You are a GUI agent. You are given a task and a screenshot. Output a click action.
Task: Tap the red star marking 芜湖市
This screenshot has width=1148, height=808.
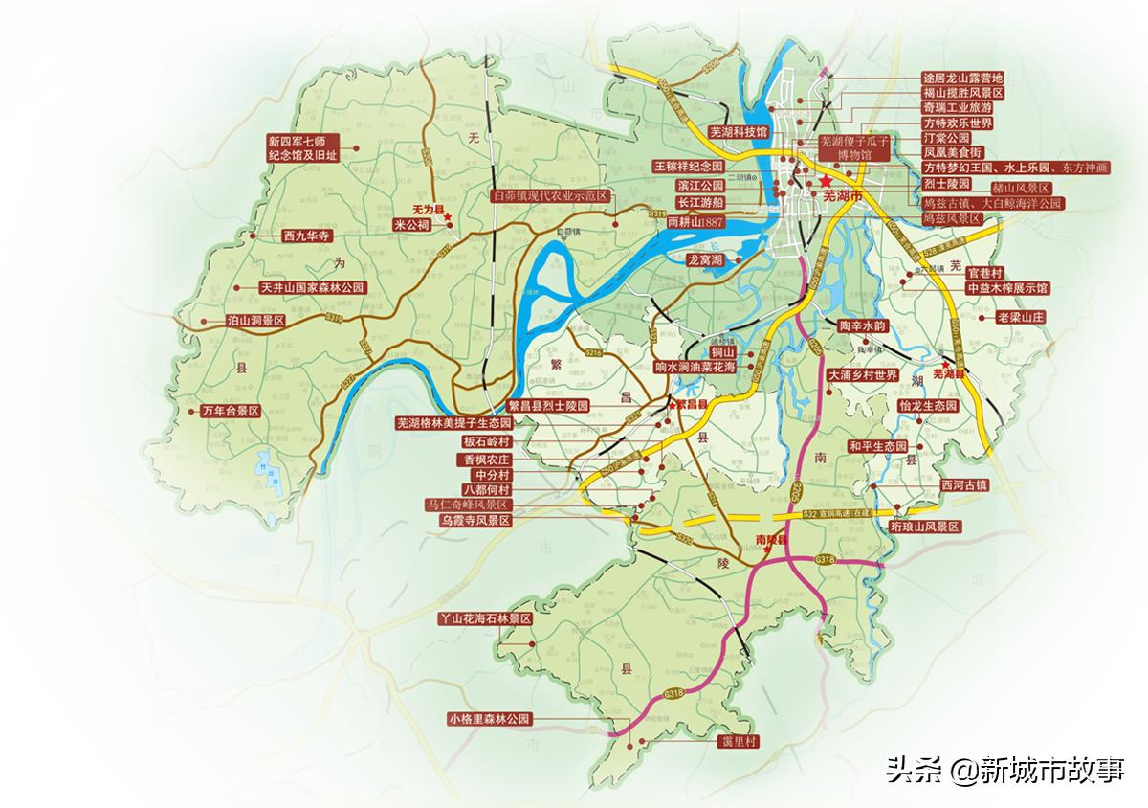point(826,180)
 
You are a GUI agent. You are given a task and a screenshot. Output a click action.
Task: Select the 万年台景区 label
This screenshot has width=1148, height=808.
point(232,411)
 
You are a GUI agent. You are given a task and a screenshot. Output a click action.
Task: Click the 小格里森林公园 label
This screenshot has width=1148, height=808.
point(488,719)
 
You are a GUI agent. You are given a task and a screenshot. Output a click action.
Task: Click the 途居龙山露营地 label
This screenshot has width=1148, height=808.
point(962,78)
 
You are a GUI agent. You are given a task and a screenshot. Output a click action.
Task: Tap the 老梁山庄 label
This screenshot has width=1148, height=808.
point(1022,316)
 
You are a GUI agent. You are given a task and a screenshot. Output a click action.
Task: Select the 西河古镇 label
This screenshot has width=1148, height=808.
point(963,484)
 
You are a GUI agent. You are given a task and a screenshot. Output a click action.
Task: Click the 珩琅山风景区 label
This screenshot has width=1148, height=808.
point(923,527)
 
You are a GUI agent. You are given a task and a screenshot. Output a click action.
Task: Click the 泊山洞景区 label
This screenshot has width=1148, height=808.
point(255,322)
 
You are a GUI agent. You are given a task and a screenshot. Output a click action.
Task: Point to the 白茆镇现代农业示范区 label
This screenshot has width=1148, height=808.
point(549,194)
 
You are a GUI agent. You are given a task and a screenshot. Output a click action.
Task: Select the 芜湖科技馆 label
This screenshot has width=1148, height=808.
point(737,132)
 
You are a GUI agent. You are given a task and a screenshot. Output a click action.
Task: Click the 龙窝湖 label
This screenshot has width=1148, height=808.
point(703,259)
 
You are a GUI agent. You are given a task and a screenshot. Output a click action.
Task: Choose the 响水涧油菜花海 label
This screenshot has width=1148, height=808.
point(695,366)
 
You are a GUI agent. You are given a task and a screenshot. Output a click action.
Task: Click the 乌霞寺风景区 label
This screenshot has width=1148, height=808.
point(475,520)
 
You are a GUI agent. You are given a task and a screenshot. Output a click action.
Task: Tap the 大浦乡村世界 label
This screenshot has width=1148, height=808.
point(863,375)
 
